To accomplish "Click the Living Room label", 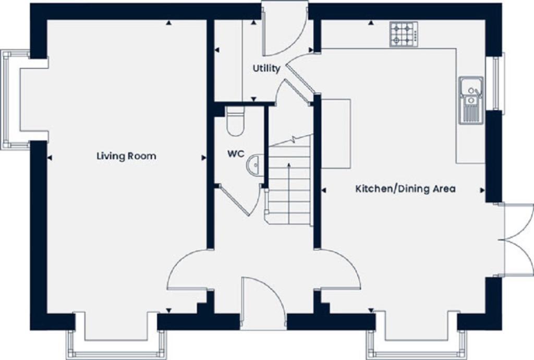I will click(126, 156).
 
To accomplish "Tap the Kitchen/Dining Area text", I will click(405, 188).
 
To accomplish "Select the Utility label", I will click(266, 68).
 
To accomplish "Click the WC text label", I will click(233, 155).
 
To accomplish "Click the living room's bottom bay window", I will click(116, 344).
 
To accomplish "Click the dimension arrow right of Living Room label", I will click(203, 157).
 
